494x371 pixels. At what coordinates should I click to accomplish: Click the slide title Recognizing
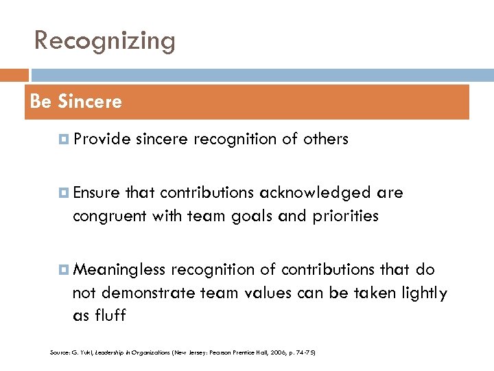coord(105,41)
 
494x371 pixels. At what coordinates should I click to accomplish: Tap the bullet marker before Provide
coord(64,139)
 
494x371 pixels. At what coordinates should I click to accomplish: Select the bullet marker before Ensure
coord(64,193)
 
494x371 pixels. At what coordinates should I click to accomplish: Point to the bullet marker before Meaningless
coord(64,270)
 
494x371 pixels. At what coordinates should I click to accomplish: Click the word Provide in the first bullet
coord(102,139)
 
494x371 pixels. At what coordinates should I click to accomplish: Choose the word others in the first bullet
coord(326,139)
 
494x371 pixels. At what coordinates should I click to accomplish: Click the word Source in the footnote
coord(60,352)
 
